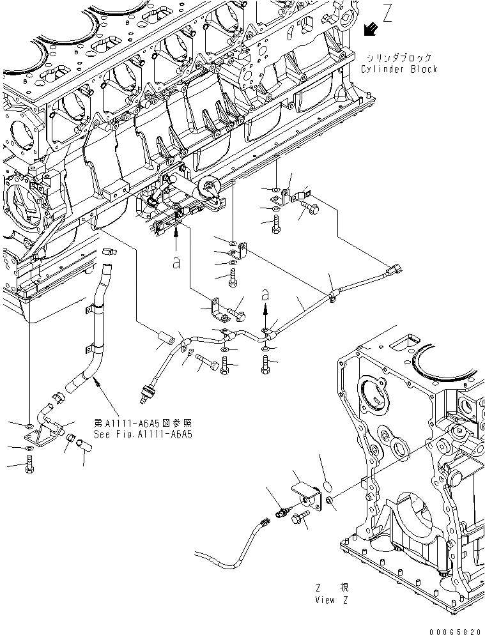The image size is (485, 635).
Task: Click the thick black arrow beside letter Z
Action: click(x=370, y=28)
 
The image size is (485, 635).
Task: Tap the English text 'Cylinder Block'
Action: click(x=399, y=69)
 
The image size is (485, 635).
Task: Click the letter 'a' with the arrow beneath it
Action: click(x=266, y=295)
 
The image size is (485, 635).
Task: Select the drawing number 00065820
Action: click(x=454, y=629)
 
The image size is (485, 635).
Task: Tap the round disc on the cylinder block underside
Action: click(x=210, y=187)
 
